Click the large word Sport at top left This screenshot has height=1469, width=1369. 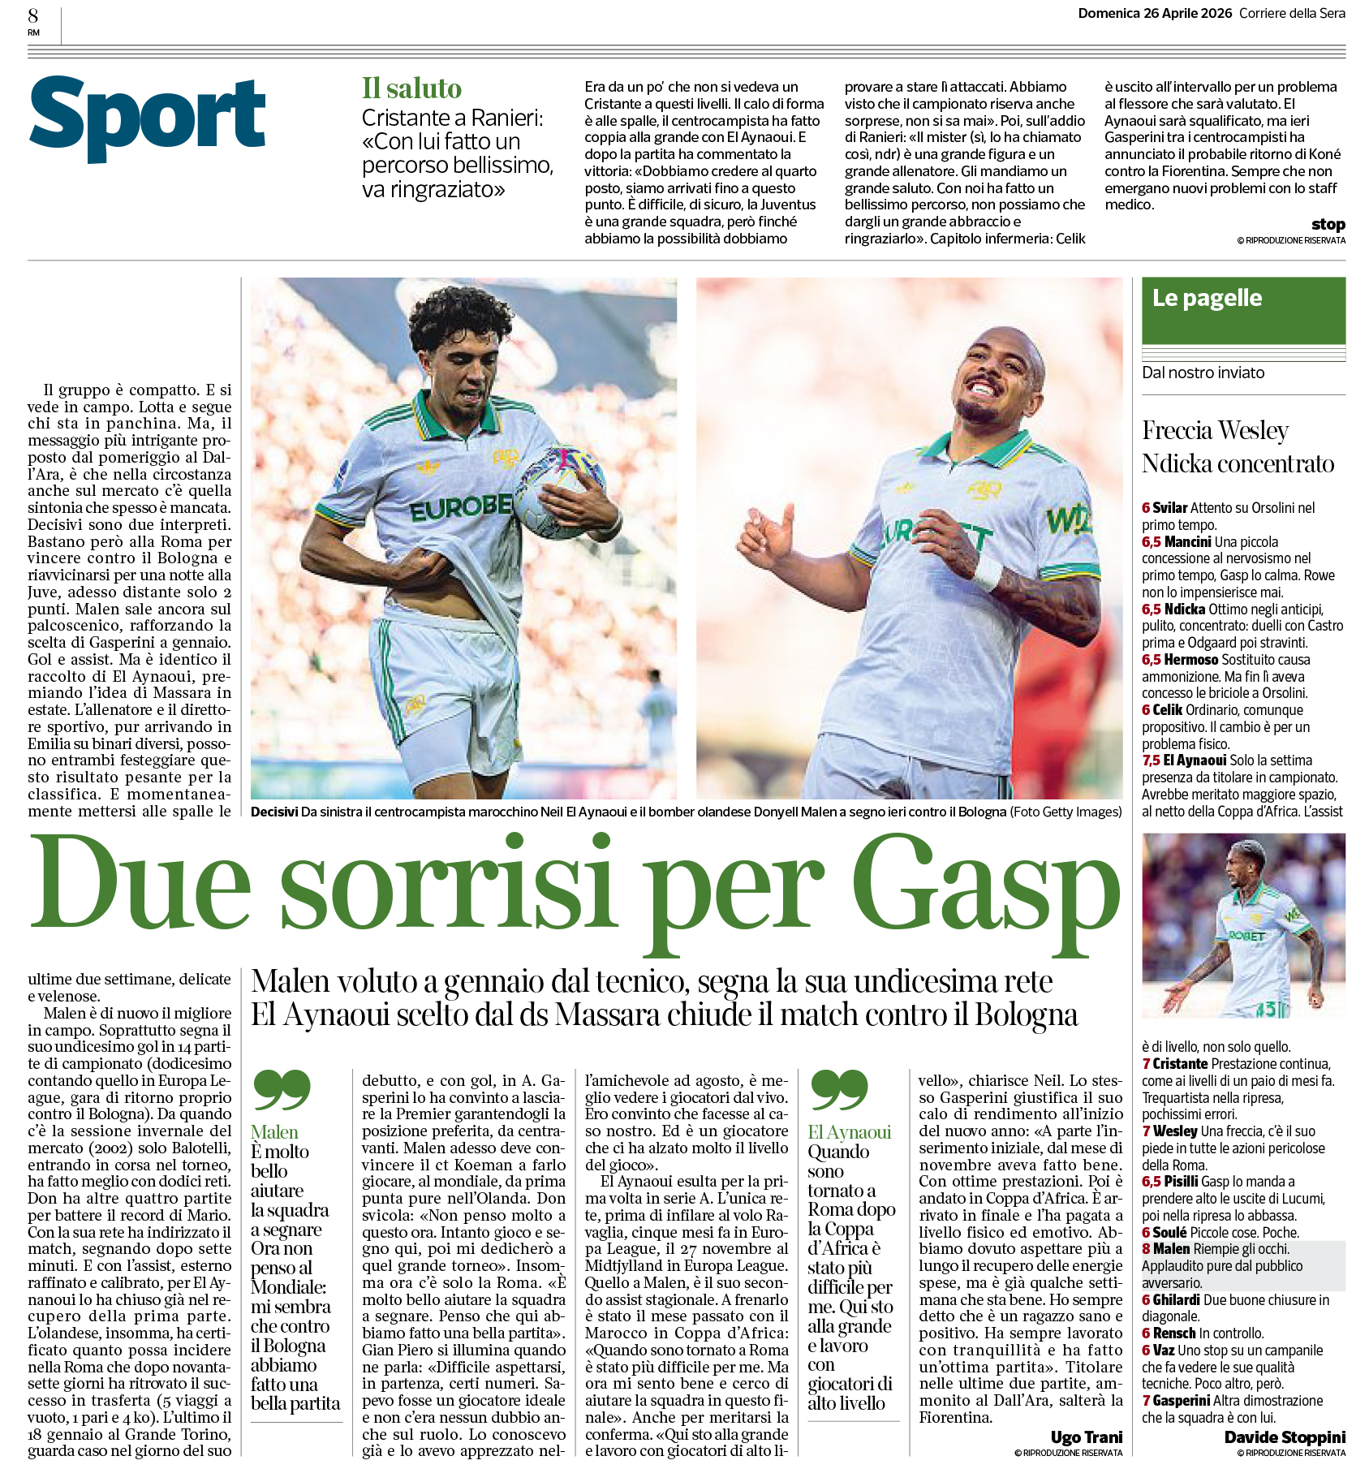click(x=148, y=118)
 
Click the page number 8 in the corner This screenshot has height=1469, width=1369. click(x=33, y=15)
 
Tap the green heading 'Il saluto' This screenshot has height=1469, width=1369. click(x=411, y=88)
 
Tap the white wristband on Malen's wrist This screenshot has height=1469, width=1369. click(x=986, y=573)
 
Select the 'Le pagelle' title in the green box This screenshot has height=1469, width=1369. click(x=1207, y=298)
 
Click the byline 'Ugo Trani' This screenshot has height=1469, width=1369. click(x=1086, y=1437)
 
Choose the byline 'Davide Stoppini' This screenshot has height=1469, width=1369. click(x=1285, y=1437)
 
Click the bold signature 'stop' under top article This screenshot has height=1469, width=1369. click(x=1328, y=224)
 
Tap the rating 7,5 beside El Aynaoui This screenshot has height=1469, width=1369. click(x=1151, y=760)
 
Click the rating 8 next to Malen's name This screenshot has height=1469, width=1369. click(x=1146, y=1249)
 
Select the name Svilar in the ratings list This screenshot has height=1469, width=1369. click(x=1169, y=508)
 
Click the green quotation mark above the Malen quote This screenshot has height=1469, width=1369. click(x=282, y=1089)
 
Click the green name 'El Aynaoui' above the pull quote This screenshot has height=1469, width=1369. click(x=849, y=1132)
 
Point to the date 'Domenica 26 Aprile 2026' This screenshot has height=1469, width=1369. click(x=1154, y=13)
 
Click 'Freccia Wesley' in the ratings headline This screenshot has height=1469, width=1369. click(x=1215, y=430)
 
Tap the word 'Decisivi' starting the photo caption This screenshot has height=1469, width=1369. click(x=273, y=812)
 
